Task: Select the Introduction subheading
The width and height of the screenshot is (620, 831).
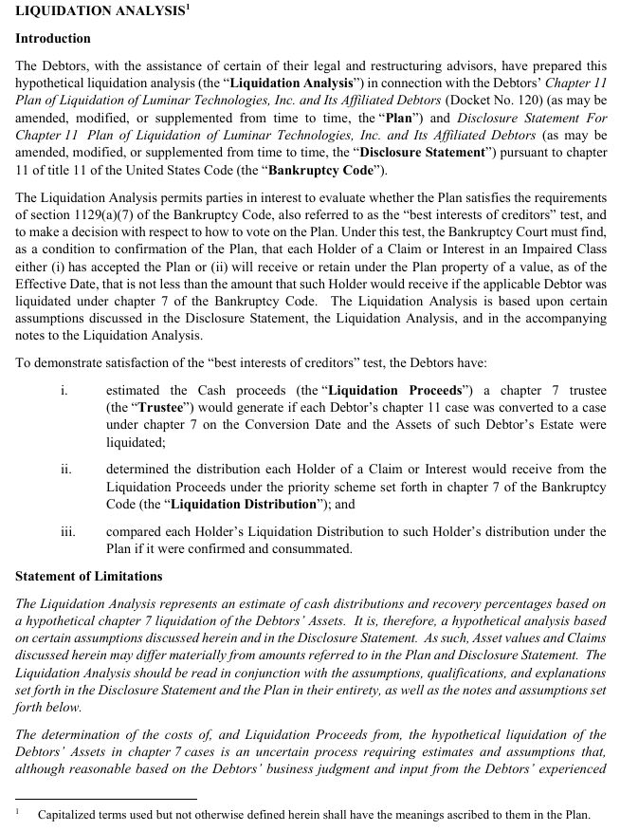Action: coord(53,39)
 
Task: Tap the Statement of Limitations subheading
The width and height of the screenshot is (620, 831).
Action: coord(89,576)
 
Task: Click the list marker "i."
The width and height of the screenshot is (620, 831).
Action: coord(64,391)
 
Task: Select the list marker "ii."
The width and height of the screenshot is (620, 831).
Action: coord(66,469)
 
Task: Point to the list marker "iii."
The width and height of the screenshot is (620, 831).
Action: coord(67,531)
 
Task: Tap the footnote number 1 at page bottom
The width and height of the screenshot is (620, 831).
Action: coord(18,811)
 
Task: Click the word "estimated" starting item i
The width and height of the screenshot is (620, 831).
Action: coord(135,391)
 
